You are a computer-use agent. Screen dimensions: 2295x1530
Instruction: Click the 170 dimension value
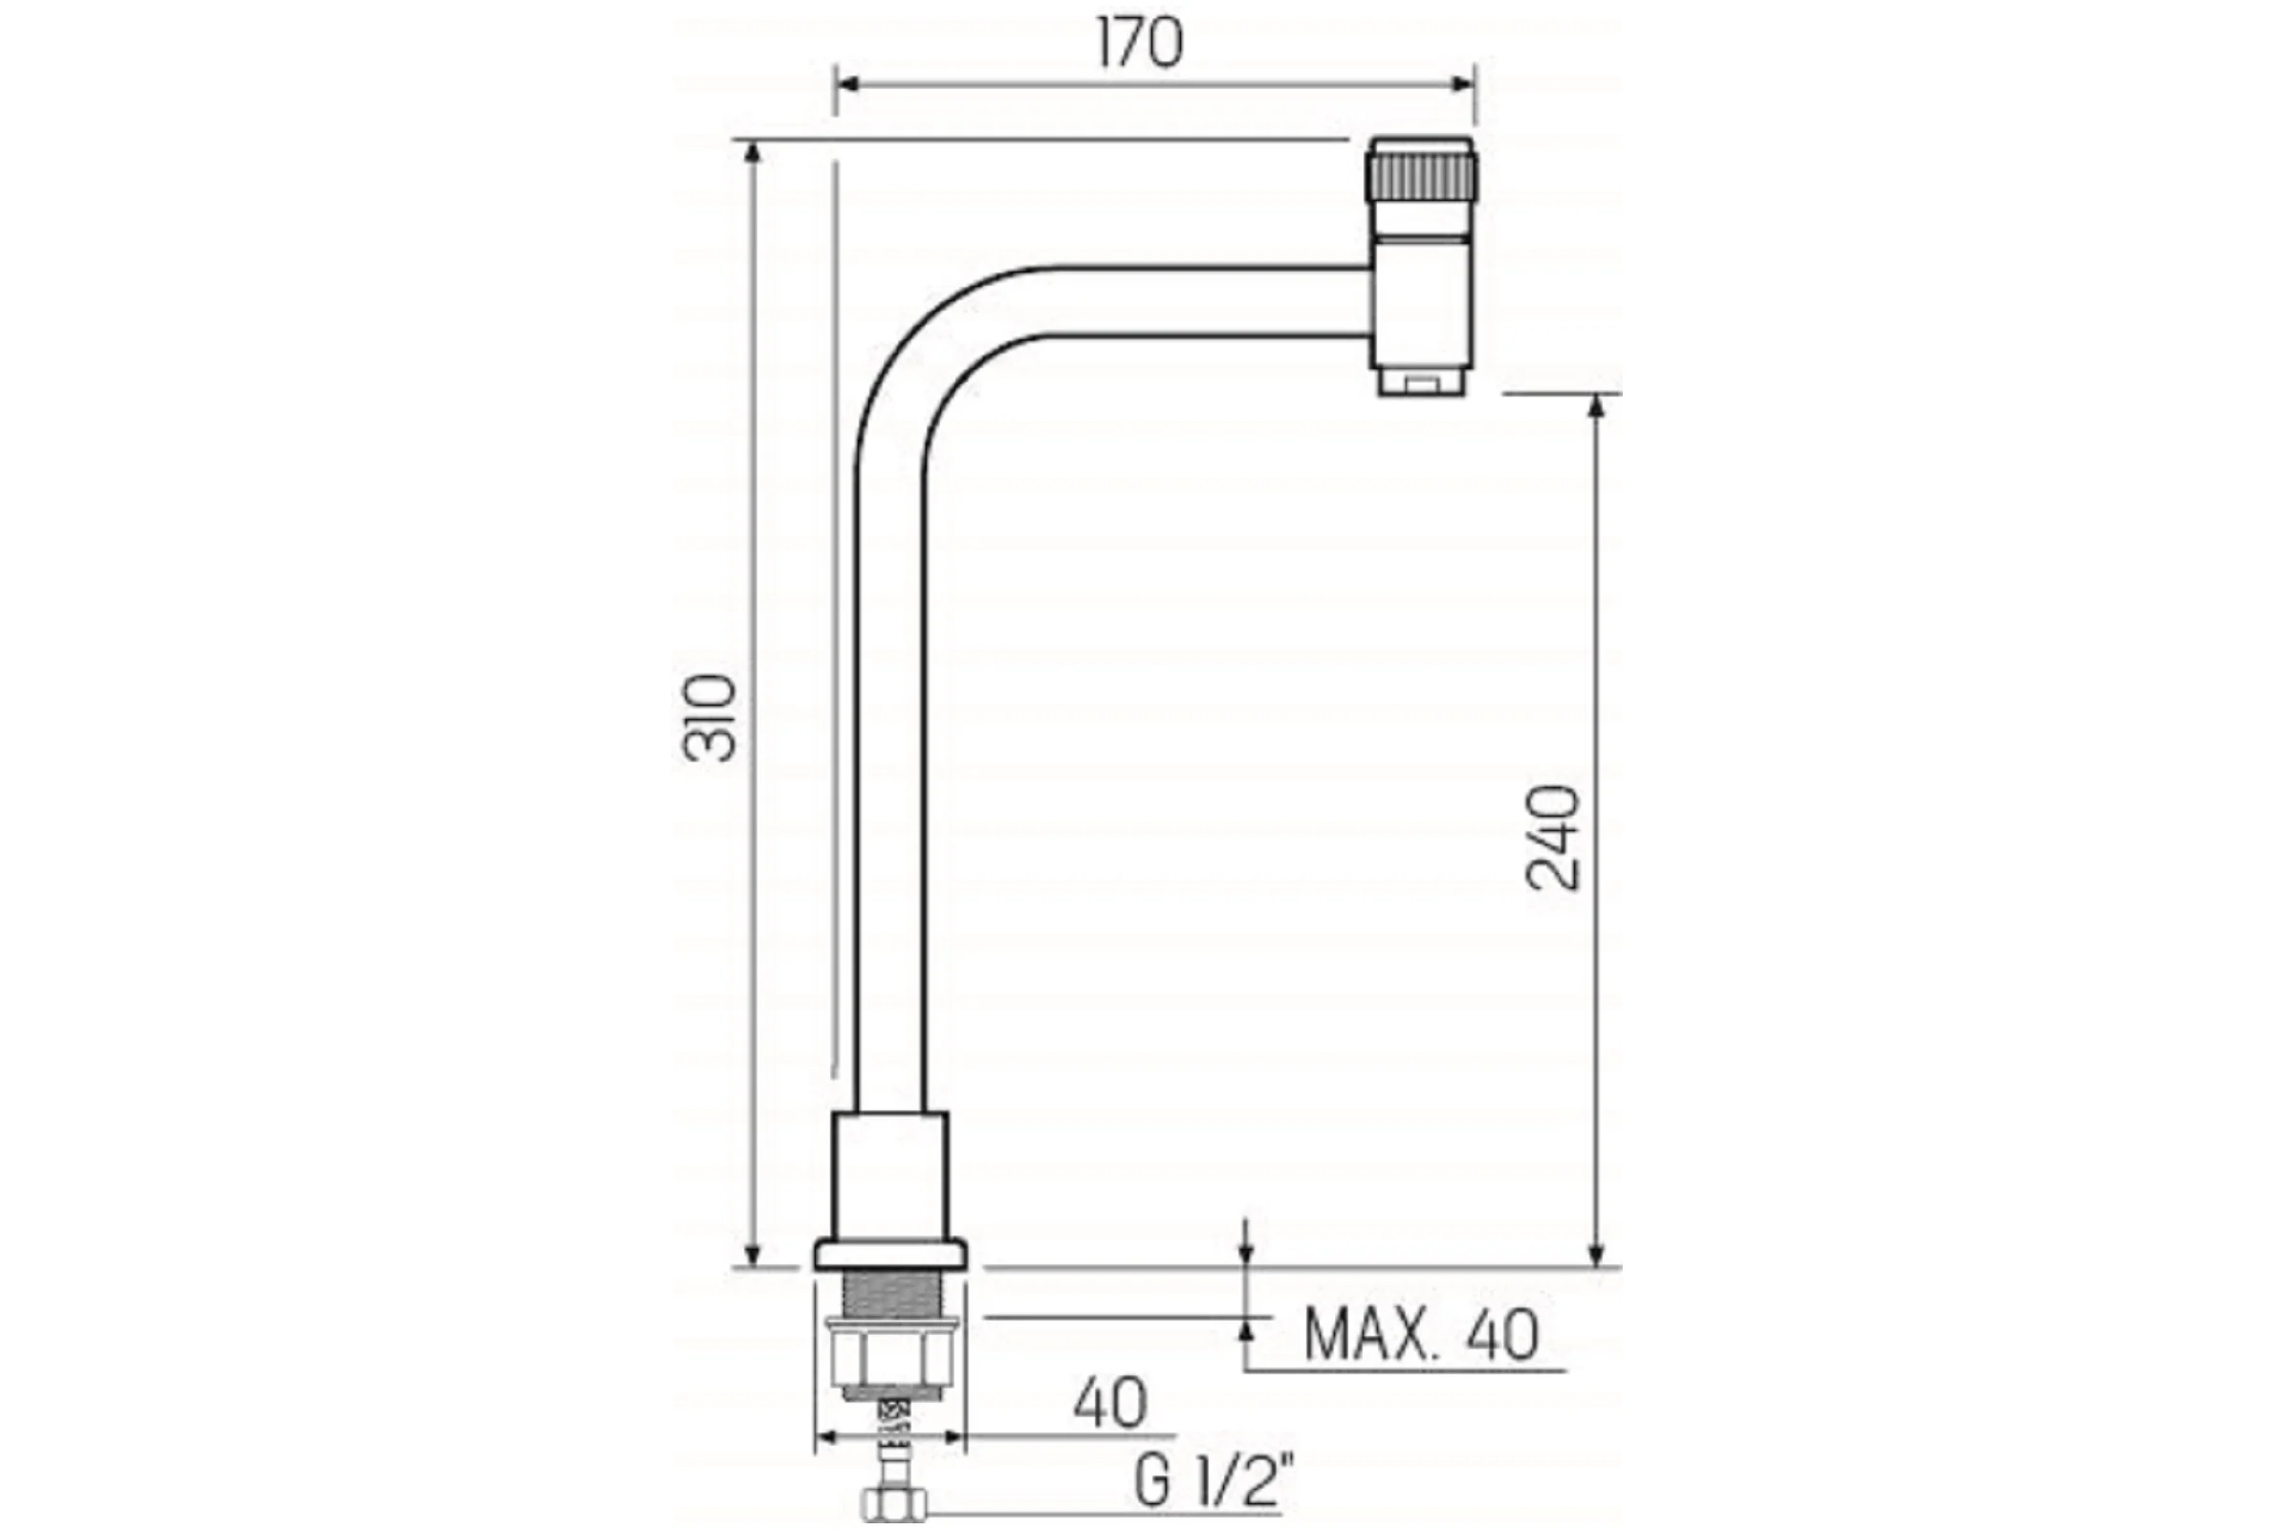1139,44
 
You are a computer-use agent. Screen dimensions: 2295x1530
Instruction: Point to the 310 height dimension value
709,717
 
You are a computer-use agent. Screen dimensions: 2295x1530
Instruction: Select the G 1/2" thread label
1214,1481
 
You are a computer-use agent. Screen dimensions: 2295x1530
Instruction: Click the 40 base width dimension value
1110,1403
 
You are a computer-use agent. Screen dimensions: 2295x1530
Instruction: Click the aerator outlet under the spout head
1423,382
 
